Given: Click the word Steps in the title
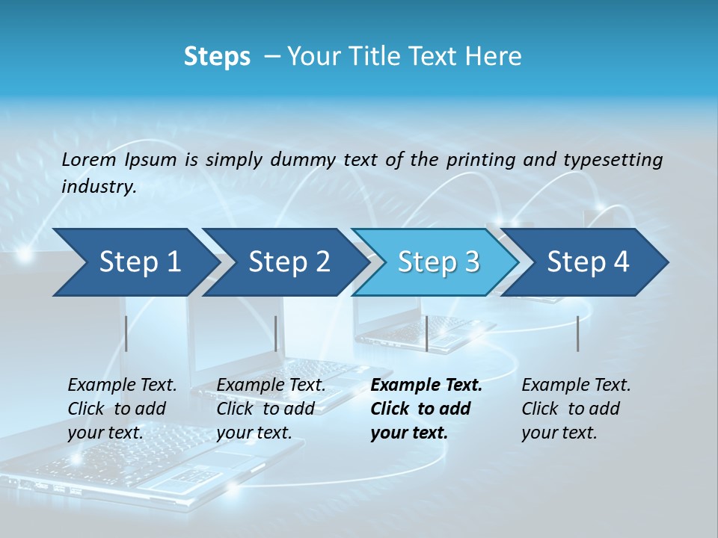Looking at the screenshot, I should tap(217, 57).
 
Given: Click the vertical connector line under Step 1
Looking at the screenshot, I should tap(126, 333).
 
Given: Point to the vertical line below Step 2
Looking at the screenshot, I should tap(276, 333).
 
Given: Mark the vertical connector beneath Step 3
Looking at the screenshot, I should tap(426, 333).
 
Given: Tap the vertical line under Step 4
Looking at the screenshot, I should tap(577, 333).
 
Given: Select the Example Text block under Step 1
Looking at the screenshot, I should tap(122, 409).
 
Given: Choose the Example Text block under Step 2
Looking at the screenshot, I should tap(271, 409).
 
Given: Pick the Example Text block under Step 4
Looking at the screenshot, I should tap(576, 409).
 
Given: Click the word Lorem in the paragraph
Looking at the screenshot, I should tap(88, 159).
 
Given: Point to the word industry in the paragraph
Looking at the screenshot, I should tap(99, 187).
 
